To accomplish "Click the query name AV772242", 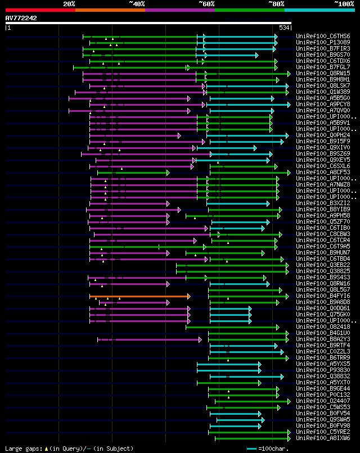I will point(21,18).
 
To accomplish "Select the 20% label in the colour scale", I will point(69,3).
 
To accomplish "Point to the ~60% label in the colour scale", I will point(206,3).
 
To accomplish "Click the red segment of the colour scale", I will point(40,10).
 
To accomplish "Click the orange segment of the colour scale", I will point(110,10).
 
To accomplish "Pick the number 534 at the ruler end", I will point(284,28).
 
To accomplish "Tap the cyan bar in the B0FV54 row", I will point(236,414).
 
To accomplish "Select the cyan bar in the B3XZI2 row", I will point(242,203).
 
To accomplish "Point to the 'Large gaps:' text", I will point(21,449).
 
